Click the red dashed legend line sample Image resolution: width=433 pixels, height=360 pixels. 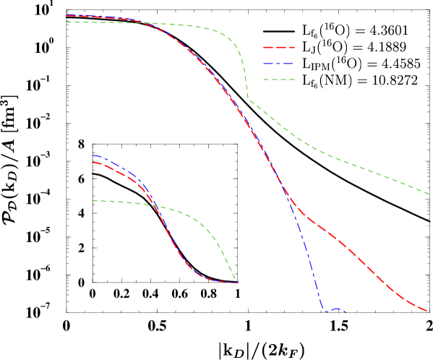point(279,47)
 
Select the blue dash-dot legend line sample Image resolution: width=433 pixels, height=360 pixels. point(279,64)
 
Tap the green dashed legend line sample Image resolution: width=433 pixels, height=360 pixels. point(279,80)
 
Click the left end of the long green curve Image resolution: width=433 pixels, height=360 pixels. point(67,22)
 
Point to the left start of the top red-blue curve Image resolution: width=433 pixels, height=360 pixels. point(67,15)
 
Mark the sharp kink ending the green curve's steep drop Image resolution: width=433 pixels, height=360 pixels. point(249,100)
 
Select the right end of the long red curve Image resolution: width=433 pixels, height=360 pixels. point(427,311)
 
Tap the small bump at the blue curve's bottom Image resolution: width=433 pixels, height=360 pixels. point(336,309)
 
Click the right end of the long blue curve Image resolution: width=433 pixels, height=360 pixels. point(346,312)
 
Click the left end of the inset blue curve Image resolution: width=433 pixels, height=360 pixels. point(93,155)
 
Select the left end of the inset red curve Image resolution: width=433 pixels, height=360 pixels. point(93,163)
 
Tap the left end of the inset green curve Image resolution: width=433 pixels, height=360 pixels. point(93,200)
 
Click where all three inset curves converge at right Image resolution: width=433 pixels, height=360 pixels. point(236,282)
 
